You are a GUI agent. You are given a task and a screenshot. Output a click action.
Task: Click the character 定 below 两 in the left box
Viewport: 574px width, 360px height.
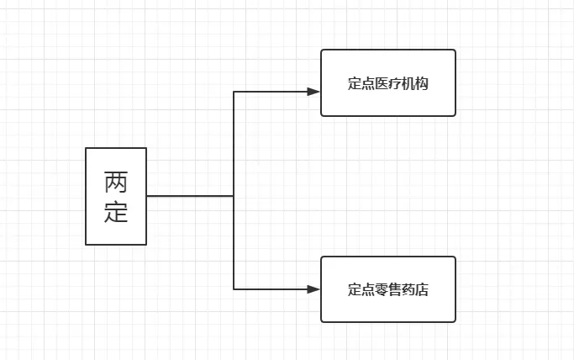(116, 211)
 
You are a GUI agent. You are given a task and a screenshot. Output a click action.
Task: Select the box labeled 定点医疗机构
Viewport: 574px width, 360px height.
(388, 82)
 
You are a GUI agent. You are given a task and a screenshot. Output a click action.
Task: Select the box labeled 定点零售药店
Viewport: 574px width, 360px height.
(388, 289)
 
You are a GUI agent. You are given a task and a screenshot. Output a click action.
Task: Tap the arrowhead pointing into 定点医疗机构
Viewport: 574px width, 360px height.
(313, 91)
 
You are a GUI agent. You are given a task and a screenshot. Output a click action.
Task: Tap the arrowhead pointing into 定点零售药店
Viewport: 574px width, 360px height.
(313, 289)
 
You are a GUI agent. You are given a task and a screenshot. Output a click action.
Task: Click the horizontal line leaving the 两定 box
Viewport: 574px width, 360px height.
(189, 196)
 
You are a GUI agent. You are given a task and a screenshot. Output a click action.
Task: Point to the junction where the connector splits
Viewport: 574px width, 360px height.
(234, 196)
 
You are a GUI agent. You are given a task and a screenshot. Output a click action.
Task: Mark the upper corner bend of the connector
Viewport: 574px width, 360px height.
(234, 91)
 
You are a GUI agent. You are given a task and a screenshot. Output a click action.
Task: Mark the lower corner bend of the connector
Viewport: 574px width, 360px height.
(234, 289)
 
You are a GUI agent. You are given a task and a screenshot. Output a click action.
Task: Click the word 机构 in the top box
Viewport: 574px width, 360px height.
(415, 84)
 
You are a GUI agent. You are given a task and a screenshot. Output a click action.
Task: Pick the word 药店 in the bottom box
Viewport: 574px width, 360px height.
(415, 290)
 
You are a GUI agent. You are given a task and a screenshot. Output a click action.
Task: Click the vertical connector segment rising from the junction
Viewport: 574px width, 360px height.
(234, 143)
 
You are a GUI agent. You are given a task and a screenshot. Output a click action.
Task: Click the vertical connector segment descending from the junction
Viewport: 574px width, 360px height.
(234, 244)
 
